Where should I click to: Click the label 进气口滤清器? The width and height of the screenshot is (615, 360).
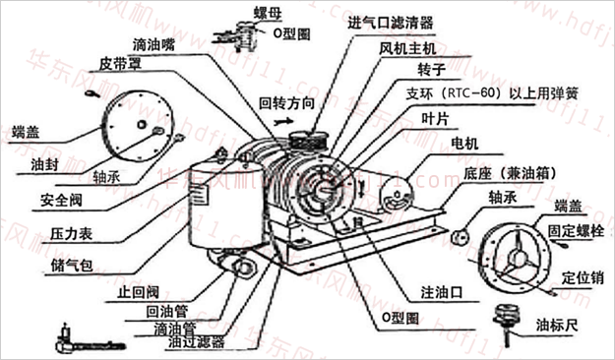pos(391,22)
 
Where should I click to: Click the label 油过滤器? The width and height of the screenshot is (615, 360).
pos(197,343)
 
